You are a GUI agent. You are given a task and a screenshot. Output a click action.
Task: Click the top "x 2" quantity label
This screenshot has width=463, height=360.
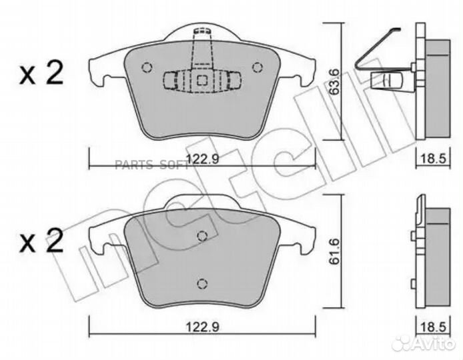41,74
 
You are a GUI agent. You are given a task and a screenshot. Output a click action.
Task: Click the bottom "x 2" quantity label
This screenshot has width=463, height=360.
41,241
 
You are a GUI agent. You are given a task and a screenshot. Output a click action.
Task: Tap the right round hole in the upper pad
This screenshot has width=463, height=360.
258,67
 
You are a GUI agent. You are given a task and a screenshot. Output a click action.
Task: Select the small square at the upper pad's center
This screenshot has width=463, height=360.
202,79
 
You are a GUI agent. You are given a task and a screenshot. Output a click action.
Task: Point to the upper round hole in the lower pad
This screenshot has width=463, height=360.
203,235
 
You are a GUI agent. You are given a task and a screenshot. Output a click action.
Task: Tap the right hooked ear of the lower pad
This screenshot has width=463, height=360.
304,239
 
